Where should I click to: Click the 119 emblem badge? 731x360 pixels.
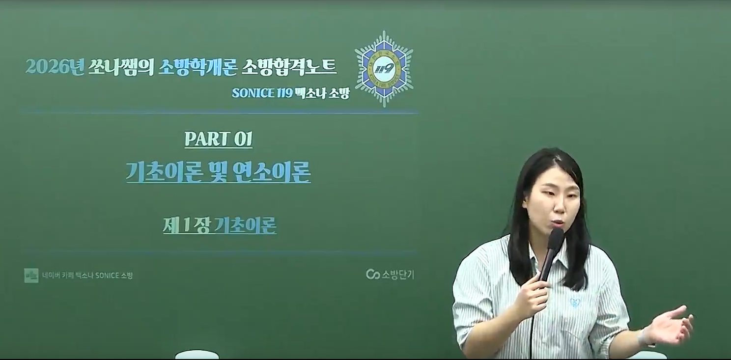(384, 69)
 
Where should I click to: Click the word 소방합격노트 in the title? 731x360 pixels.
(289, 67)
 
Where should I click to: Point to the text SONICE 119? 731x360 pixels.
(262, 93)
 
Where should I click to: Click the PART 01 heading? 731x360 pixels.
(219, 139)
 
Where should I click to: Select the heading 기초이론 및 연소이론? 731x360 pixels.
(218, 172)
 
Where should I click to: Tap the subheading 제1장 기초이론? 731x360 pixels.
(220, 225)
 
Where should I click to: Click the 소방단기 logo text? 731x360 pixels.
(397, 275)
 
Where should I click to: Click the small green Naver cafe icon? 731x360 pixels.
(31, 276)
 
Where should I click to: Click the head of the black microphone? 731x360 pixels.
(556, 239)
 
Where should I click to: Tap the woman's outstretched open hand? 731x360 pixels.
(672, 325)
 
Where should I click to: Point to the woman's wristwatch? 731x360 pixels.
(644, 338)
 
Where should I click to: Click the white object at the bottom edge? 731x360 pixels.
(197, 355)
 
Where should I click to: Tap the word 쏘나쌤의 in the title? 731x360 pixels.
(121, 67)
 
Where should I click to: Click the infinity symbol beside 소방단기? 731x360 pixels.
(373, 275)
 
